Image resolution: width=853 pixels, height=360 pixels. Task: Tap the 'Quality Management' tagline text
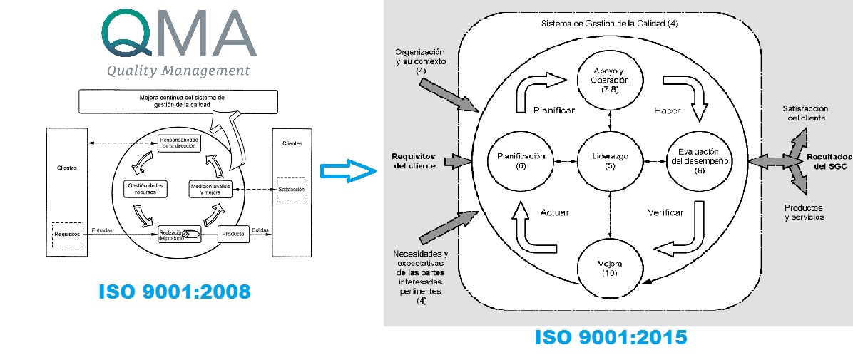point(178,70)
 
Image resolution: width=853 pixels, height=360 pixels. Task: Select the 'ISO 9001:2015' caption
point(611,337)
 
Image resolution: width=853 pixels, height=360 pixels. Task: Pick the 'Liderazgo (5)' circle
point(610,161)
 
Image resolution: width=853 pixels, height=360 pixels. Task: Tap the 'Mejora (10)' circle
point(610,266)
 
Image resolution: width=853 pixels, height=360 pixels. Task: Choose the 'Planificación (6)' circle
point(520,161)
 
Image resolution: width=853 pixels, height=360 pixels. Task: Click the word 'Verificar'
point(665,212)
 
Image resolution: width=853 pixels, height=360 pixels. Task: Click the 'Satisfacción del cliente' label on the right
point(804,113)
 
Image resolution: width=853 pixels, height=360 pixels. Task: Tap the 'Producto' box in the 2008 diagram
point(233,233)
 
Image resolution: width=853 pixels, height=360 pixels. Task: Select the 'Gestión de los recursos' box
point(145,189)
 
